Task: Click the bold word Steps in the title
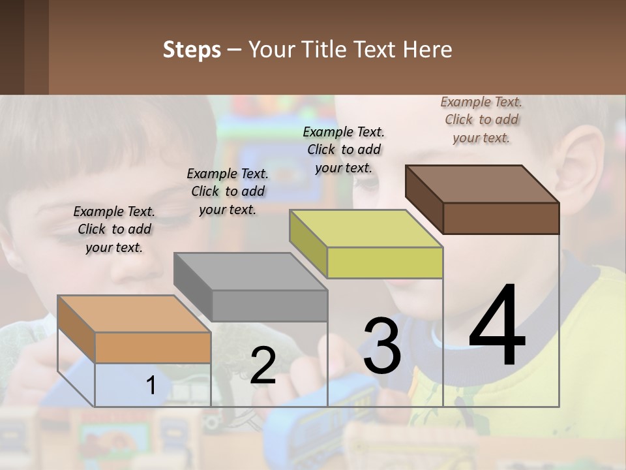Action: pyautogui.click(x=192, y=50)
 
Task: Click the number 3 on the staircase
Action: pyautogui.click(x=381, y=346)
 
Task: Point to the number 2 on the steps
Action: pyautogui.click(x=263, y=366)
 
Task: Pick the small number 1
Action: pyautogui.click(x=151, y=385)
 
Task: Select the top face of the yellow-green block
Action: pyautogui.click(x=365, y=228)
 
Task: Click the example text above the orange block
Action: pyautogui.click(x=114, y=229)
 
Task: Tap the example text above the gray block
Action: pyautogui.click(x=228, y=191)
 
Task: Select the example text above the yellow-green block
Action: pyautogui.click(x=344, y=149)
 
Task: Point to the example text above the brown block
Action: pyautogui.click(x=481, y=119)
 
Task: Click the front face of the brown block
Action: pyautogui.click(x=501, y=218)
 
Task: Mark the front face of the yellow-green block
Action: pyautogui.click(x=385, y=263)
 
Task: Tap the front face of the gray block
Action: pyautogui.click(x=269, y=305)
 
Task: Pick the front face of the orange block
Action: pyautogui.click(x=153, y=347)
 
